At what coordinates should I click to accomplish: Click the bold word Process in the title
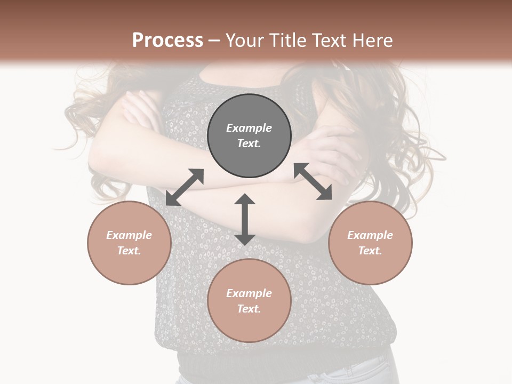tap(167, 41)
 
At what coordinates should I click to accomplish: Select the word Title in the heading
tap(288, 41)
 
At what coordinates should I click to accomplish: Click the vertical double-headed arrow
tap(245, 219)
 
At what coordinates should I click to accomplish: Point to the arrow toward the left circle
tap(185, 187)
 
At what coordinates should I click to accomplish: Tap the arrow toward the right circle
tap(313, 181)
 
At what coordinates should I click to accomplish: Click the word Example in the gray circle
tap(249, 128)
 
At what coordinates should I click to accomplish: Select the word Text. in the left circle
tap(129, 251)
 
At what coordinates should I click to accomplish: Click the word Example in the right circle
tap(370, 235)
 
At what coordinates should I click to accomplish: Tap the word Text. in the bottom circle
tap(249, 309)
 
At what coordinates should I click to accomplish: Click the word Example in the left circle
tap(129, 235)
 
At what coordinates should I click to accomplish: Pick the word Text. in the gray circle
tap(249, 143)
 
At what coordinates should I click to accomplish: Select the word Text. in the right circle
tap(370, 251)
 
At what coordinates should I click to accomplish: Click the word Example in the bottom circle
tap(249, 293)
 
